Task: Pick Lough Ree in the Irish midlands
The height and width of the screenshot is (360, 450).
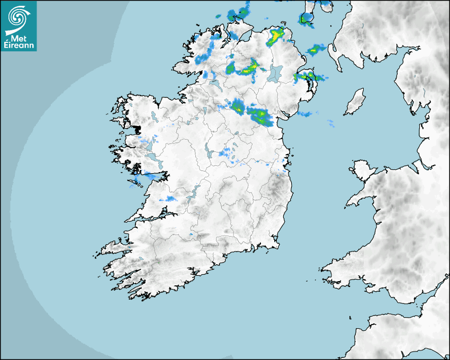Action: pyautogui.click(x=209, y=151)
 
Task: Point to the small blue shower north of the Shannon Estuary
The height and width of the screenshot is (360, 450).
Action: pyautogui.click(x=170, y=199)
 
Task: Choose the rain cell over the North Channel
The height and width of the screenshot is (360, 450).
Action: pyautogui.click(x=315, y=50)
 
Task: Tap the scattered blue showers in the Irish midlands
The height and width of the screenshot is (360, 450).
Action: pyautogui.click(x=228, y=154)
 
